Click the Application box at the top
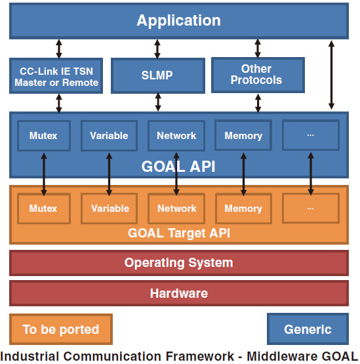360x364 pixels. pyautogui.click(x=179, y=21)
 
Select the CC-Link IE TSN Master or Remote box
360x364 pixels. pyautogui.click(x=56, y=76)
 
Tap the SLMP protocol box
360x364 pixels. pyautogui.click(x=158, y=75)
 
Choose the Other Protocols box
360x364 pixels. pyautogui.click(x=258, y=75)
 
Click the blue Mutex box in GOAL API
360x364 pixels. pyautogui.click(x=44, y=136)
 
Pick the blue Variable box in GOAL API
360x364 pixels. pyautogui.click(x=109, y=136)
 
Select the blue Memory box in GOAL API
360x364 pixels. pyautogui.click(x=243, y=135)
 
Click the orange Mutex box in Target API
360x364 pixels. pyautogui.click(x=44, y=209)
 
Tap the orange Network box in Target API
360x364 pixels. pyautogui.click(x=176, y=209)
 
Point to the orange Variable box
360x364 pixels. pyautogui.click(x=109, y=209)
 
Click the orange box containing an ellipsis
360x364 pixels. pyautogui.click(x=311, y=208)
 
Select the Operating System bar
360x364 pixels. pyautogui.click(x=179, y=263)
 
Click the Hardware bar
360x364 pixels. pyautogui.click(x=179, y=293)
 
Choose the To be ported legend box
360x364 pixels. pyautogui.click(x=61, y=329)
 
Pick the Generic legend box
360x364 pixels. pyautogui.click(x=308, y=329)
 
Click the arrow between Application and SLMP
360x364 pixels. pyautogui.click(x=157, y=49)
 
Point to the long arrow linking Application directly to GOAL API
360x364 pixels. pyautogui.click(x=331, y=75)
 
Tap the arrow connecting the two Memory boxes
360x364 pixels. pyautogui.click(x=243, y=174)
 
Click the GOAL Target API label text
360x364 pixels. pyautogui.click(x=179, y=233)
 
